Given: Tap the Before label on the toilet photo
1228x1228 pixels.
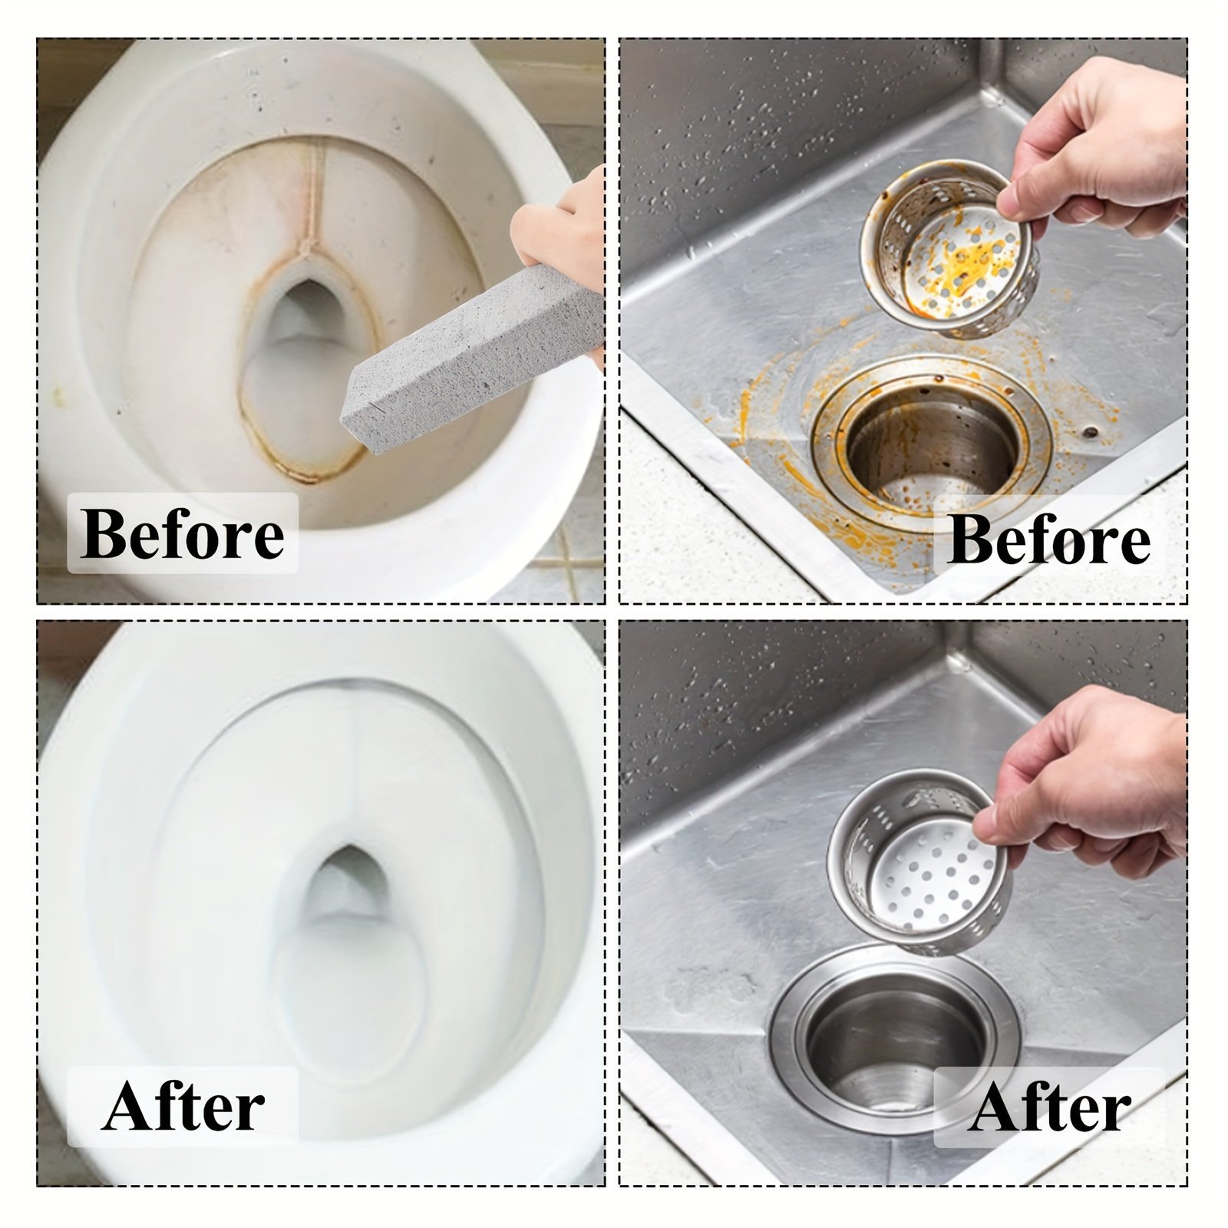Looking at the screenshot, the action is click(182, 534).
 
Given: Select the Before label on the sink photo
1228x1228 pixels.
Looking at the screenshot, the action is click(1048, 540).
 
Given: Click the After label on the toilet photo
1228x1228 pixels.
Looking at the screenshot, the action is click(183, 1107).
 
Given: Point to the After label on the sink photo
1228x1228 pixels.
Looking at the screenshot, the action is click(1049, 1108).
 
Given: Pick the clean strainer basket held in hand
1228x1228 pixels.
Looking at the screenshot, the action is click(918, 869).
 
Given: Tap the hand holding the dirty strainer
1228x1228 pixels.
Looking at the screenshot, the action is click(1098, 153).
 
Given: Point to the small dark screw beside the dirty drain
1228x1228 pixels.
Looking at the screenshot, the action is click(1091, 432).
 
